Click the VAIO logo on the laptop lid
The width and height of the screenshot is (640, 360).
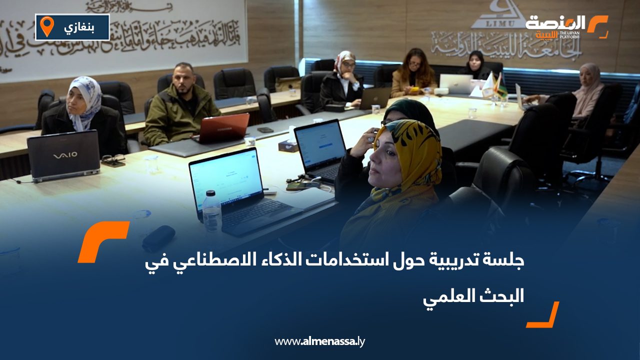pos(65,155)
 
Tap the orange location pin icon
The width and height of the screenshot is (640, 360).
pos(46,26)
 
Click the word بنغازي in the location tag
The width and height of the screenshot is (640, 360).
pos(79,27)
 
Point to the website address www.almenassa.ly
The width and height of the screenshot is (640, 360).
pos(319,342)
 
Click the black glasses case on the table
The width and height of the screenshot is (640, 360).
pos(158,238)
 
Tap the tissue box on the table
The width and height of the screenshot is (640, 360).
pos(289,145)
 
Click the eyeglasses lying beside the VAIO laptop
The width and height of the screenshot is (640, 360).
pos(113,160)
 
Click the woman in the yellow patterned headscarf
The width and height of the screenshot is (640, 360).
pos(400,175)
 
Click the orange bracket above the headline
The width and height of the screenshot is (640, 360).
pos(102,242)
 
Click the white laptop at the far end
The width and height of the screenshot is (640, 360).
pos(455,83)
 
